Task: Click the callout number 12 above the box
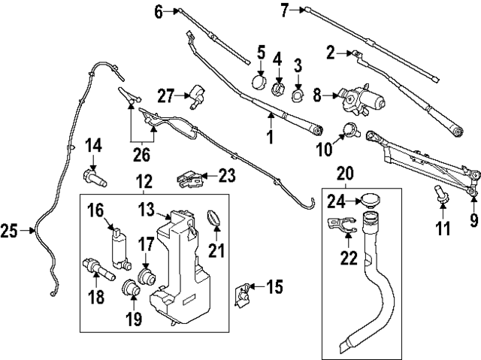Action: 144,182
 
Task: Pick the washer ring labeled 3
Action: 297,95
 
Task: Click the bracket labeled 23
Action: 189,178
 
